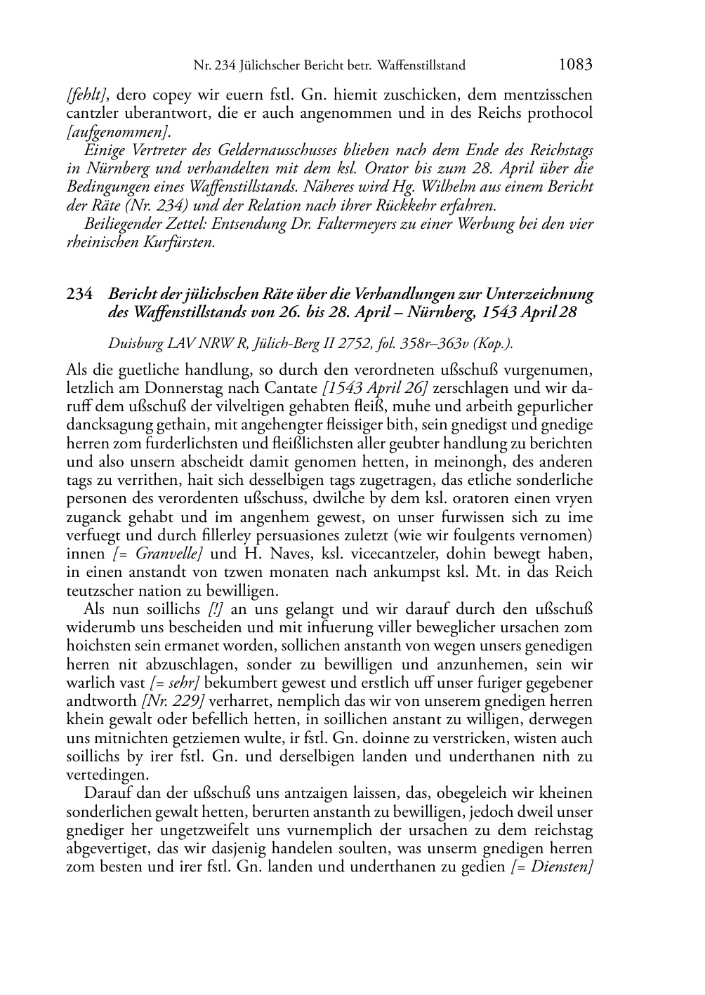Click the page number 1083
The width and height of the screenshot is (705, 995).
(575, 65)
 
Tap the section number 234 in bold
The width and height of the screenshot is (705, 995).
(79, 294)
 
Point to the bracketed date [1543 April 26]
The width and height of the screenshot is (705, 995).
(375, 389)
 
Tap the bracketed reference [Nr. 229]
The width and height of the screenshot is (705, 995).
(173, 701)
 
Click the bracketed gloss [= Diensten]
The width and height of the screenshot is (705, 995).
(553, 867)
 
